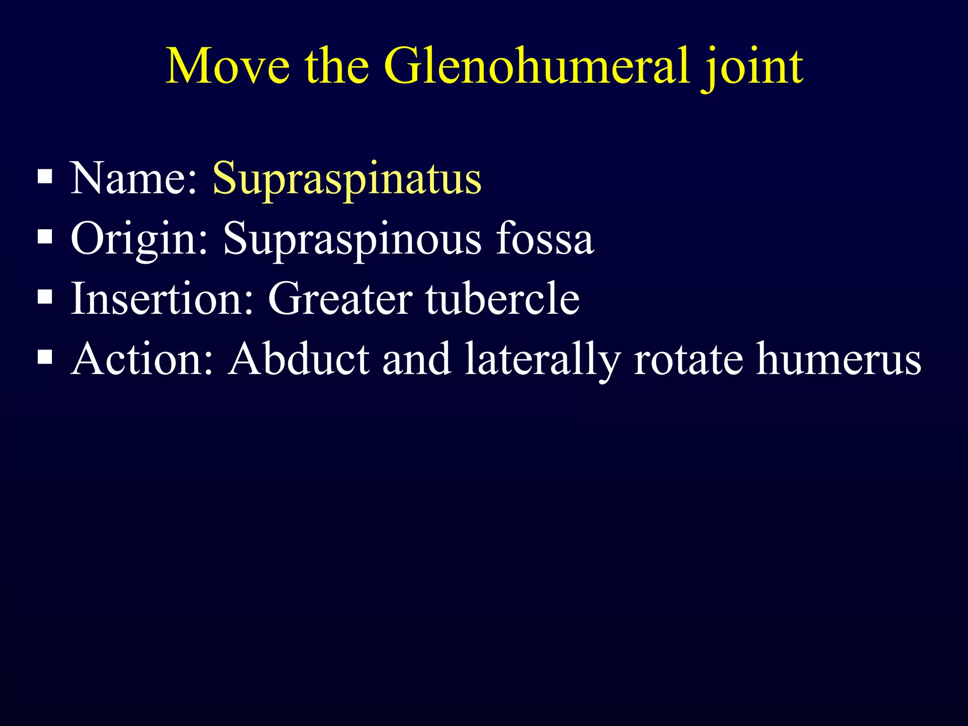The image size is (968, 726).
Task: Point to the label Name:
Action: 134,178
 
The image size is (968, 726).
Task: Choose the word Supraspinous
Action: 352,240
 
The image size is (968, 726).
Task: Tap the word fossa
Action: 545,239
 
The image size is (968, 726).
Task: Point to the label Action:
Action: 142,359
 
